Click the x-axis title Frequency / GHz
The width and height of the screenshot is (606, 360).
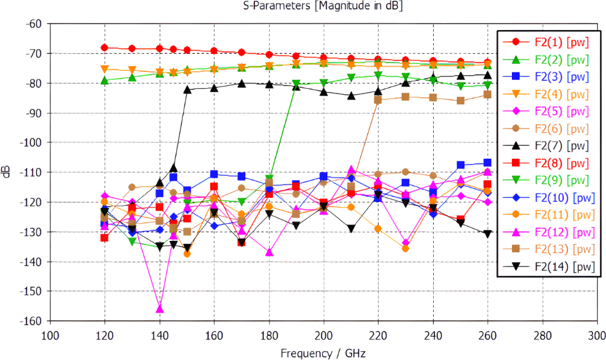click(x=323, y=353)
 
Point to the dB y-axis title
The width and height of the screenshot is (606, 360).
click(x=7, y=172)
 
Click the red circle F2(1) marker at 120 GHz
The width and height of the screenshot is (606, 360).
click(x=105, y=48)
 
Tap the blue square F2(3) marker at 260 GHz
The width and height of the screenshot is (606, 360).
click(x=487, y=163)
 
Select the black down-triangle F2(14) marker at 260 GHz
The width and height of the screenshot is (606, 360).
click(x=487, y=234)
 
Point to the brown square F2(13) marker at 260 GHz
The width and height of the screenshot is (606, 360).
click(x=487, y=95)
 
